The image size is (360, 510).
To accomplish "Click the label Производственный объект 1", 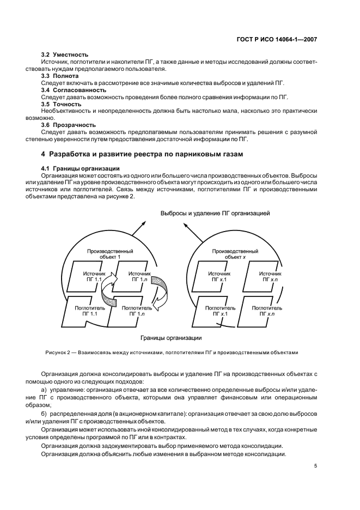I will (111, 254).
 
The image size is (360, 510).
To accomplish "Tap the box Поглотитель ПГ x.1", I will (220, 311).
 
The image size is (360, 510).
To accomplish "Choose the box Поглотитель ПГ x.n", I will (267, 311).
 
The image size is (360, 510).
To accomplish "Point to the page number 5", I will (316, 465).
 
